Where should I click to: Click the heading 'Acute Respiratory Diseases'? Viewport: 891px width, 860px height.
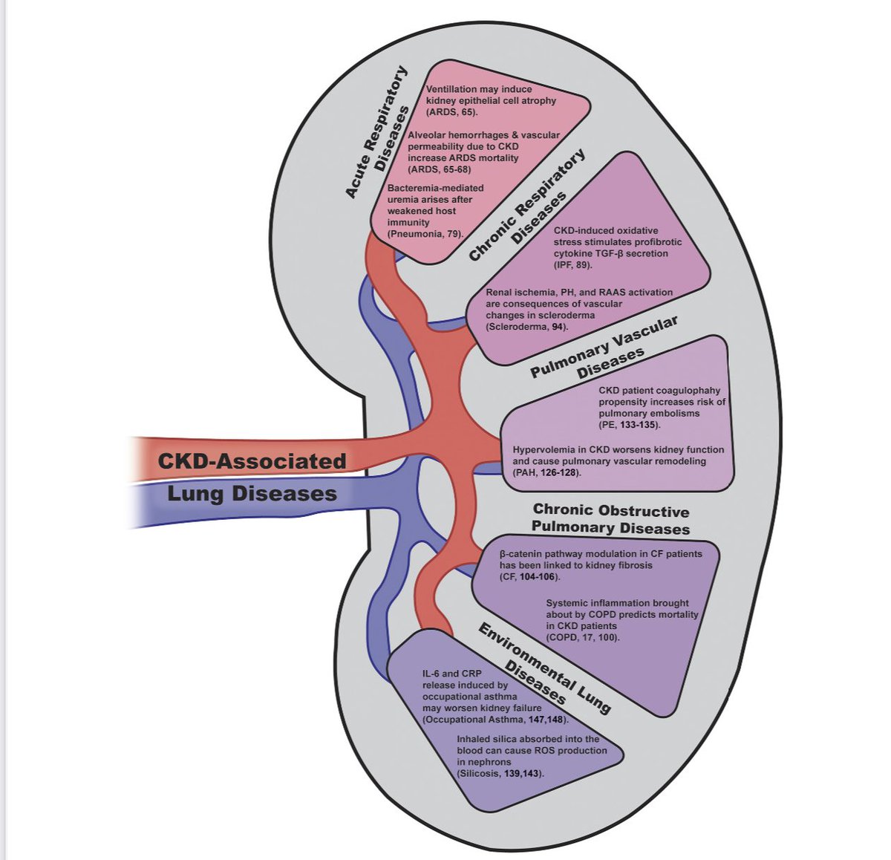[x=379, y=132]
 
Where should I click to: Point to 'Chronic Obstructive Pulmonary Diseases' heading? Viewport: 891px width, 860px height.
[x=611, y=520]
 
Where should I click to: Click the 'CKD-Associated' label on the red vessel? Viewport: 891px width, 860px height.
[x=252, y=461]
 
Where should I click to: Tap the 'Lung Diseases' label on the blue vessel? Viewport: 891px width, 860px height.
[x=252, y=494]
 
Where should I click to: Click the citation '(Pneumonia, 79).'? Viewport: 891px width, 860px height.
[x=425, y=233]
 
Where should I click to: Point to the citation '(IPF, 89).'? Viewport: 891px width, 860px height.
[x=572, y=264]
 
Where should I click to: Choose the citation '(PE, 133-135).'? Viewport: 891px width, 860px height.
[x=630, y=425]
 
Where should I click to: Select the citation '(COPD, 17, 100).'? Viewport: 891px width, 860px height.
[x=582, y=637]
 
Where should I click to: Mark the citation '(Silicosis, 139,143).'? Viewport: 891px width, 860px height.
[x=501, y=773]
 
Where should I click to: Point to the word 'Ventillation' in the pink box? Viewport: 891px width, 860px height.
[x=453, y=89]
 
